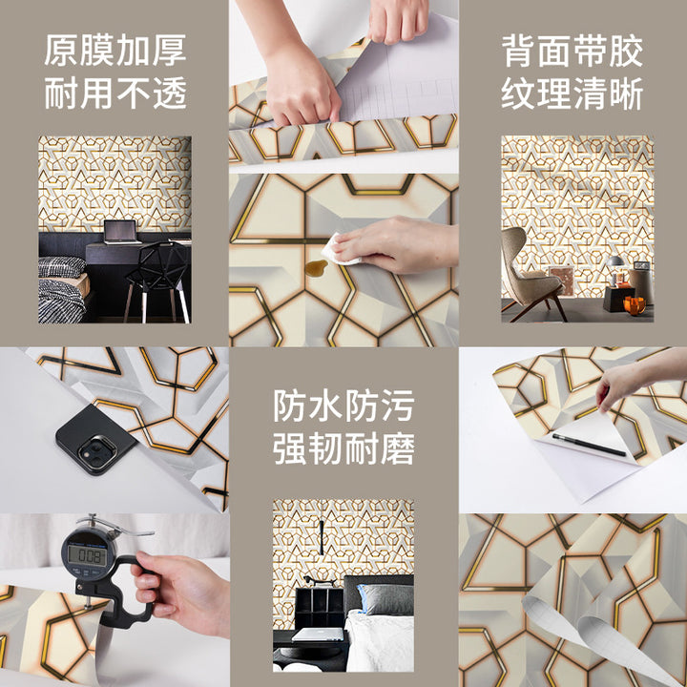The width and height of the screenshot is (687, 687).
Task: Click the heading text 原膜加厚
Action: click(115, 51)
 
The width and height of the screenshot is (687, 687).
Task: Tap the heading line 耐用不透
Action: click(115, 93)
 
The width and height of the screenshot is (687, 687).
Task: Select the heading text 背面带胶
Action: click(572, 52)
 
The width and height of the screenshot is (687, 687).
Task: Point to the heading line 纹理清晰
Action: click(572, 94)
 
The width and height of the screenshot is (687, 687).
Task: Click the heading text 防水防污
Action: click(343, 406)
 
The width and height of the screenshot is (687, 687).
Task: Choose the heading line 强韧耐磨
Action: click(343, 448)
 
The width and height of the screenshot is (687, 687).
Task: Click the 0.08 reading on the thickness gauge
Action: click(87, 555)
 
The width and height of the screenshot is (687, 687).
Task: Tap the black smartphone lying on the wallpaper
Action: click(95, 440)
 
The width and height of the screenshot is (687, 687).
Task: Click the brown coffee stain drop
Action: click(316, 268)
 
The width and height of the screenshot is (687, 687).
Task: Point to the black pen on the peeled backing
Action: click(589, 445)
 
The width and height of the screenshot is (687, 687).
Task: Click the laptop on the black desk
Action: click(121, 232)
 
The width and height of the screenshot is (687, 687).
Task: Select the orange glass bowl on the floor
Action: click(635, 305)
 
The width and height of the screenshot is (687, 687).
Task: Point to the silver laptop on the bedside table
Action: click(318, 634)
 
